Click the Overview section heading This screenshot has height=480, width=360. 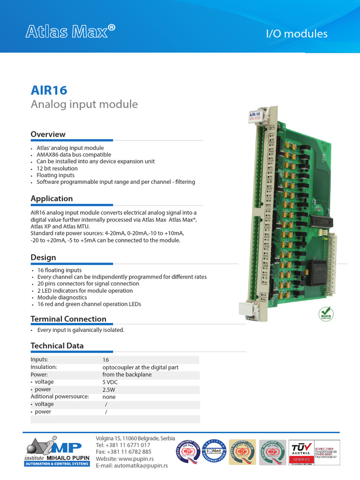pyautogui.click(x=48, y=135)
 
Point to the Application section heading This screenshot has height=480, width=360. pyautogui.click(x=52, y=199)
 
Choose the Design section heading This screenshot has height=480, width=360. pyautogui.click(x=43, y=258)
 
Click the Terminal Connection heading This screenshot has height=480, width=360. pyautogui.click(x=68, y=319)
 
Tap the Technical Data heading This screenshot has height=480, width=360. pyautogui.click(x=57, y=346)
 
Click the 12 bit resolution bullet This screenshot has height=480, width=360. pyautogui.click(x=57, y=168)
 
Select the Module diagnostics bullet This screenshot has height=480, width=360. pyautogui.click(x=62, y=297)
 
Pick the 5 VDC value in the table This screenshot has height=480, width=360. pyautogui.click(x=110, y=382)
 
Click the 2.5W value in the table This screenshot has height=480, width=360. pyautogui.click(x=109, y=390)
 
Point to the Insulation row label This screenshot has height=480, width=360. pyautogui.click(x=44, y=367)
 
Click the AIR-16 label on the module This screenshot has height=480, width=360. pyautogui.click(x=255, y=114)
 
